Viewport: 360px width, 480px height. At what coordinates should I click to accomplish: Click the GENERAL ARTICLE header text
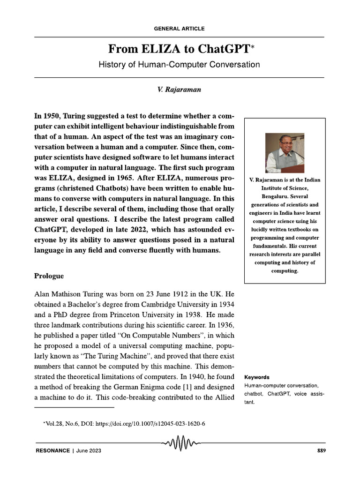pos(179,29)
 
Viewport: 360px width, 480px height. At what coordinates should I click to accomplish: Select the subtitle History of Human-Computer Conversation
pos(179,65)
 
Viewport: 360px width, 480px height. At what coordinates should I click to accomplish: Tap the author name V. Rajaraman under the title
pos(180,90)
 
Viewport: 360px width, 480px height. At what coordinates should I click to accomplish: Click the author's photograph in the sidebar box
pos(285,153)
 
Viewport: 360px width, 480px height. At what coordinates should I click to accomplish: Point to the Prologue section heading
pos(49,276)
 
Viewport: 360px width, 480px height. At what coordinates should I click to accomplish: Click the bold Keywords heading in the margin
pos(257,377)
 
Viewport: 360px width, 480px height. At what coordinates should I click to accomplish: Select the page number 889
pos(321,451)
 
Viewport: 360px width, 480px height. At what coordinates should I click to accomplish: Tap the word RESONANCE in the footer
pos(52,451)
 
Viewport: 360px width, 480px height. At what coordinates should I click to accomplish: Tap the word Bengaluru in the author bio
pos(285,196)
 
